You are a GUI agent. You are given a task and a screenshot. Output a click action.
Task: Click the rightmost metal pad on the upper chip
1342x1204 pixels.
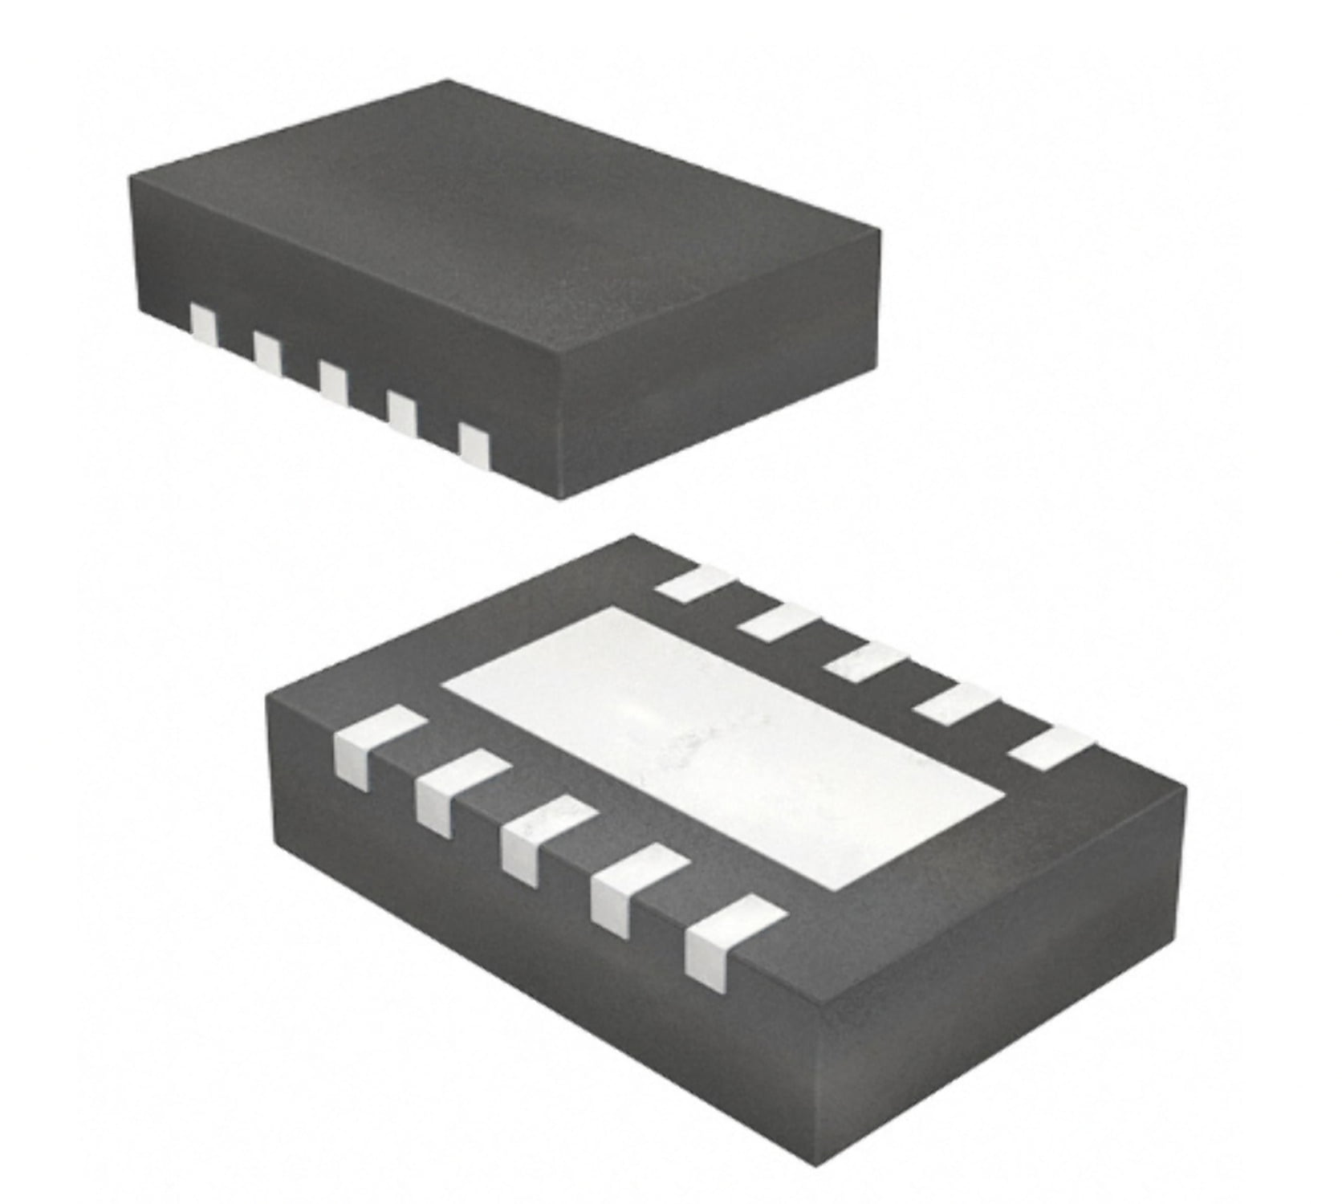point(474,445)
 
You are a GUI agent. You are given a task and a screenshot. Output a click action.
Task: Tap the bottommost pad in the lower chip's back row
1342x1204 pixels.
point(1051,746)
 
